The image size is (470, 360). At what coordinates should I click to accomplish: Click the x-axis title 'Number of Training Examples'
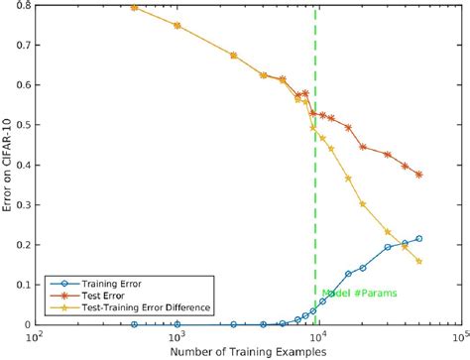(x=248, y=349)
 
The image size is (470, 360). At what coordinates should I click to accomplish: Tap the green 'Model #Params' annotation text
(x=352, y=294)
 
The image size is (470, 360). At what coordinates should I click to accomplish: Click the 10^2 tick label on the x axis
(x=37, y=336)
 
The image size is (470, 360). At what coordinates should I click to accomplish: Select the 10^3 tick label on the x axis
(x=177, y=336)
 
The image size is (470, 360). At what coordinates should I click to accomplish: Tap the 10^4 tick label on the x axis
(x=317, y=336)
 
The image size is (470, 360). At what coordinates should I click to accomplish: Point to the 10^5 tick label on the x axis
(x=458, y=336)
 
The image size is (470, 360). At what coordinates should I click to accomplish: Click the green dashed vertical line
(x=316, y=198)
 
